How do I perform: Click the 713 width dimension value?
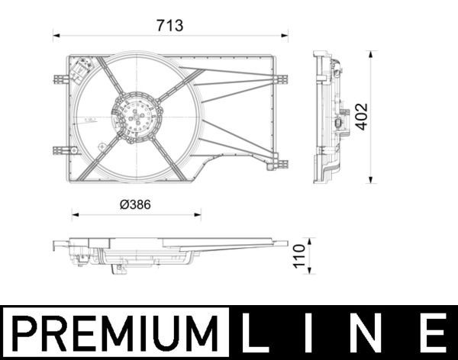169,26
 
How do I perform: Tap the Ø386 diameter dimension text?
135,204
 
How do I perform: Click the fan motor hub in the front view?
137,117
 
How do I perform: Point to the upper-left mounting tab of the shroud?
60,79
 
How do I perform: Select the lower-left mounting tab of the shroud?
60,150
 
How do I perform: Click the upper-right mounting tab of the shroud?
281,79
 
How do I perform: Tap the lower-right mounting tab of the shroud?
281,162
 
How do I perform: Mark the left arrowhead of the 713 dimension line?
55,35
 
